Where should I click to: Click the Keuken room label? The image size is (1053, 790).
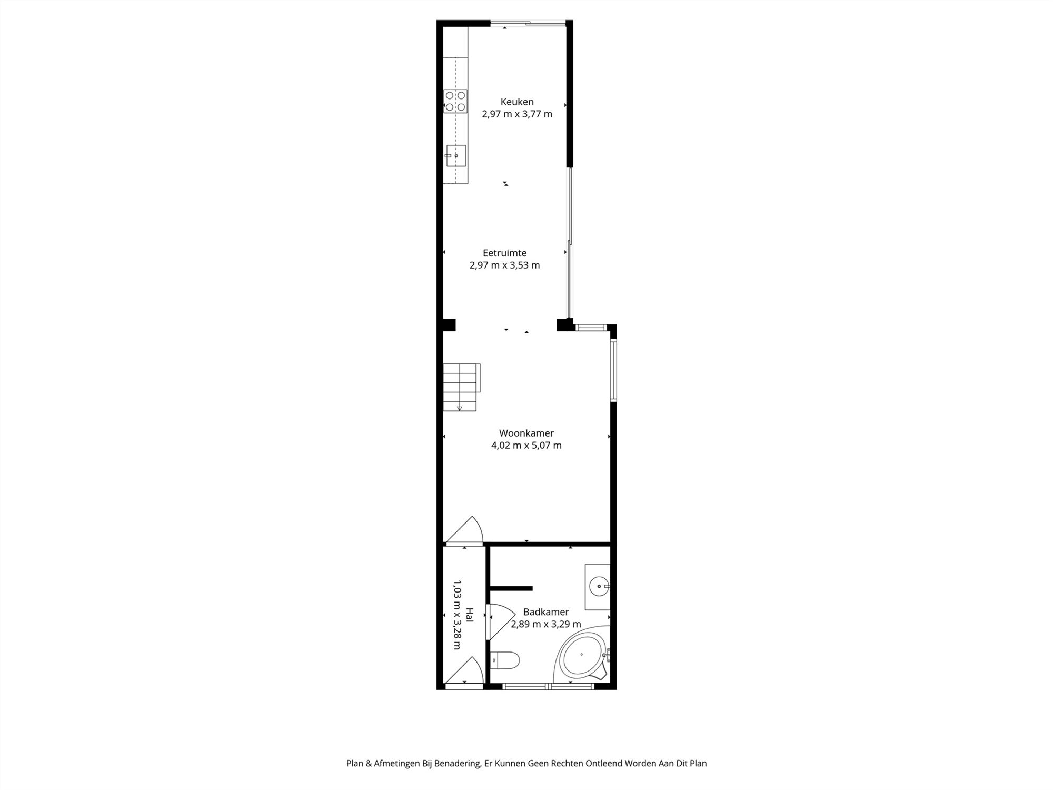click(x=517, y=102)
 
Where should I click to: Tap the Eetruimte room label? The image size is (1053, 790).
click(x=504, y=253)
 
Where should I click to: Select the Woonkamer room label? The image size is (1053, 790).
click(x=526, y=433)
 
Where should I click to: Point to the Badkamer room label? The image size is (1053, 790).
click(x=546, y=612)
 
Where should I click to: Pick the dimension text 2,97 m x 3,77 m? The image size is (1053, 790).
click(x=517, y=114)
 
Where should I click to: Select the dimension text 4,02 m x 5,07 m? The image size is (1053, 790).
click(x=526, y=446)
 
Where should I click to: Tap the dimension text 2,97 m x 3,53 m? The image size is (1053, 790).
click(x=504, y=265)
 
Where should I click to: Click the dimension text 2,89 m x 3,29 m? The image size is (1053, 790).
click(x=546, y=625)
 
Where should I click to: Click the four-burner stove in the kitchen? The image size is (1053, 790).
click(x=455, y=101)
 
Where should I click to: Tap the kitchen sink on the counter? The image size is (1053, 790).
click(x=456, y=156)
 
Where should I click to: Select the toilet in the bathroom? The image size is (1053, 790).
click(x=505, y=659)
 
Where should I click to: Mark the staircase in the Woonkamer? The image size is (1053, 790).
click(x=461, y=387)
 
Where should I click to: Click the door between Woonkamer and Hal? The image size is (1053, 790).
click(x=464, y=530)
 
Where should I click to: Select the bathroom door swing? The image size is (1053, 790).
click(x=500, y=621)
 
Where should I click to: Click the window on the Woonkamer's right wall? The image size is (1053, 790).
click(x=613, y=371)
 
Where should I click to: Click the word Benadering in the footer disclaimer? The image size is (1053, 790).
click(x=456, y=763)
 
